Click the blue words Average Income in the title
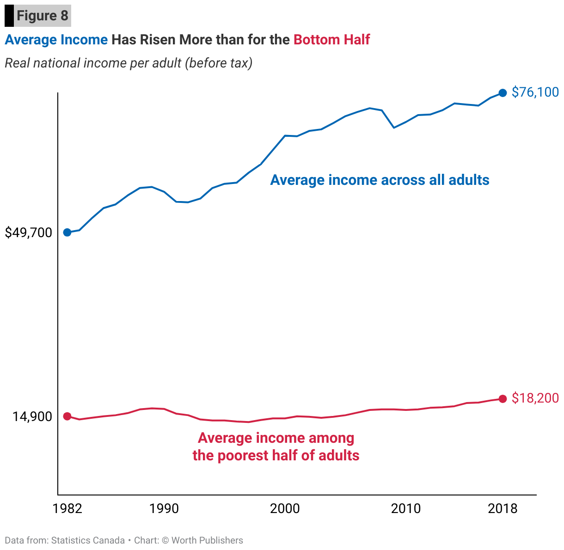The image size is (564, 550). [x=56, y=40]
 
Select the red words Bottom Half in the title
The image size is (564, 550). [x=331, y=40]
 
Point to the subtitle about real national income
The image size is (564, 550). [x=129, y=63]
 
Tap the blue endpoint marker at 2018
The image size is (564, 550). [x=503, y=93]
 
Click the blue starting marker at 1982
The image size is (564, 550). [x=67, y=232]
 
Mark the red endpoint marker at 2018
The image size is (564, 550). [x=503, y=398]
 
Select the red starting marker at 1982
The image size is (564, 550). [x=67, y=416]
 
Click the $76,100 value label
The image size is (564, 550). [x=535, y=92]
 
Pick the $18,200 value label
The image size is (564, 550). [x=535, y=398]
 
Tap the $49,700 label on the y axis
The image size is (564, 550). [x=28, y=233]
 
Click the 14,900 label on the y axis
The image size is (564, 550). [x=32, y=417]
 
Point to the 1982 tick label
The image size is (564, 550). [x=67, y=509]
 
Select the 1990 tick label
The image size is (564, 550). [x=164, y=509]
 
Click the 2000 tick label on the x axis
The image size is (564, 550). [x=285, y=509]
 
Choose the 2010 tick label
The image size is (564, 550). [x=405, y=509]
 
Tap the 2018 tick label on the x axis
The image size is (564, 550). [x=503, y=509]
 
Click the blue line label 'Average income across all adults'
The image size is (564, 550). [x=380, y=180]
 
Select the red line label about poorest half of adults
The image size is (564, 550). [x=276, y=446]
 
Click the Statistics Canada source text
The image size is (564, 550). [x=88, y=540]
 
